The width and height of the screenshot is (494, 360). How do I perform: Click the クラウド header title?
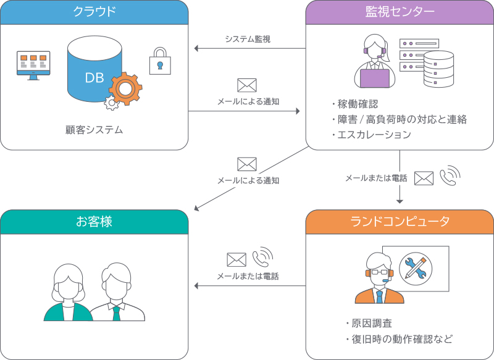tap(94, 12)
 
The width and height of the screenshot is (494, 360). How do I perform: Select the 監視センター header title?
tap(400, 12)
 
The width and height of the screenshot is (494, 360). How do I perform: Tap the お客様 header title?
tap(94, 222)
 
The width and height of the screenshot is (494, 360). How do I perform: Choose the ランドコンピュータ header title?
tap(400, 222)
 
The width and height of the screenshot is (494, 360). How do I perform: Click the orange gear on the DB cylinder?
tap(125, 89)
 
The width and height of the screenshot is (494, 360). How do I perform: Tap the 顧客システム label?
tap(94, 130)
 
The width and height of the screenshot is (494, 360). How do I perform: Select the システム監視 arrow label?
tap(248, 39)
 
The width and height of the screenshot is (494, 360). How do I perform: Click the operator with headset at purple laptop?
tap(375, 62)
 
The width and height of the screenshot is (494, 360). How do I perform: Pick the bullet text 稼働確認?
tap(356, 104)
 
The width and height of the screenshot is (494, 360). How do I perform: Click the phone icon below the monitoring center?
tap(450, 176)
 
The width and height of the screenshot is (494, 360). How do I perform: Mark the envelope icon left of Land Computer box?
tap(237, 259)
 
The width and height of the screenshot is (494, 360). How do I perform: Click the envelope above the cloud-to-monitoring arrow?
tap(247, 85)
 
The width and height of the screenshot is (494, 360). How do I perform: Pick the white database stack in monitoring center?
tap(438, 70)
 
